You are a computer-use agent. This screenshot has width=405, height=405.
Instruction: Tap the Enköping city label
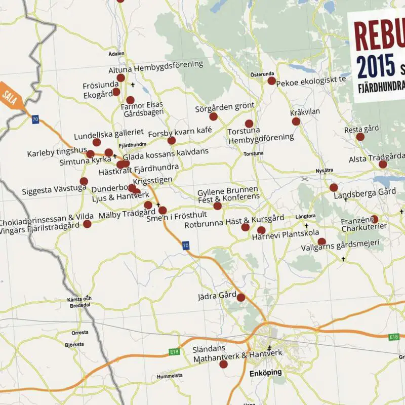(x=266, y=373)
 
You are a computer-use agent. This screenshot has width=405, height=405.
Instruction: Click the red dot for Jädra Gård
(x=240, y=298)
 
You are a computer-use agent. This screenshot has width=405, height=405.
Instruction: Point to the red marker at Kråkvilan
(x=296, y=121)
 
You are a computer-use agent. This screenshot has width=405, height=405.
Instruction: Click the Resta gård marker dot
(x=360, y=137)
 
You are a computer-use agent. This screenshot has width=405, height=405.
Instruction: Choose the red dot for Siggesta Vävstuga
(x=84, y=181)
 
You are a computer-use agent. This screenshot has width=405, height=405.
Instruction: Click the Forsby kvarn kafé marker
(x=172, y=140)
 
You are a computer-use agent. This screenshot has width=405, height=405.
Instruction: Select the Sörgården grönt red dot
(x=213, y=116)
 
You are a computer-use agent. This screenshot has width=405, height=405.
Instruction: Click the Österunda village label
(x=262, y=74)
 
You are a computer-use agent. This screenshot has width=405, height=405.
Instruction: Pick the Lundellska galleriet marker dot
(x=96, y=142)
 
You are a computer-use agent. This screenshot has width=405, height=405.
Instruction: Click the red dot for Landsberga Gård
(x=333, y=187)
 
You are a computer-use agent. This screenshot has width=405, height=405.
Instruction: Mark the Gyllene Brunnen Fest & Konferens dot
(x=218, y=206)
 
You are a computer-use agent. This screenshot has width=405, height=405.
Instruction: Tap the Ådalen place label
(x=116, y=54)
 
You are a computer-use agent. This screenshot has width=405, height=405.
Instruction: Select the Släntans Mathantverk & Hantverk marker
(x=223, y=362)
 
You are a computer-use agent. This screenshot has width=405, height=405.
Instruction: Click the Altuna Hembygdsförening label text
(x=155, y=64)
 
